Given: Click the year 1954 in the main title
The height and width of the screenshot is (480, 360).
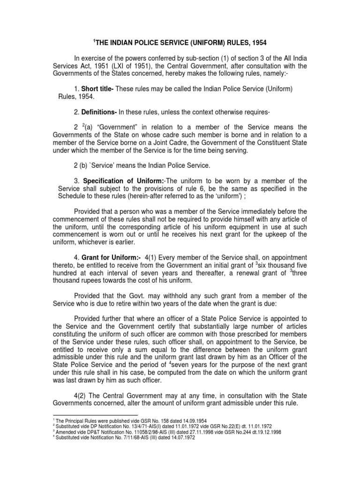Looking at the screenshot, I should pyautogui.click(x=258, y=43).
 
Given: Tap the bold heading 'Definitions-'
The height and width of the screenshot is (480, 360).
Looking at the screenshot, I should pyautogui.click(x=99, y=112).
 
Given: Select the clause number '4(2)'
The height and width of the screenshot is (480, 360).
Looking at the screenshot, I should pyautogui.click(x=82, y=395).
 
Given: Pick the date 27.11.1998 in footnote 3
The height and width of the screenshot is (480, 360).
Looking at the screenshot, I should pyautogui.click(x=174, y=432).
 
